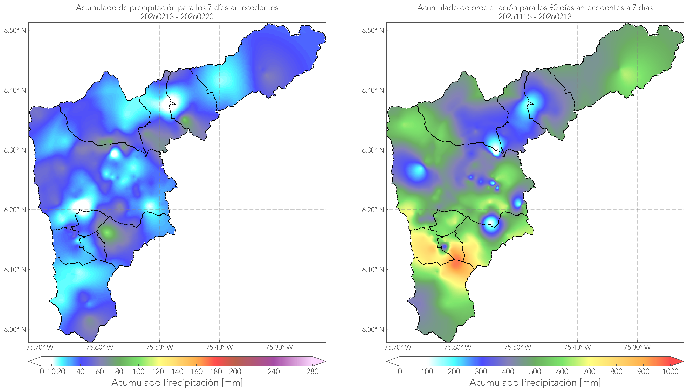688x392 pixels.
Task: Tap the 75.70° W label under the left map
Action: (x=40, y=347)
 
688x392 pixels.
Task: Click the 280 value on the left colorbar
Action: (x=312, y=372)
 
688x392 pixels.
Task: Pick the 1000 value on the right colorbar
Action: (x=670, y=372)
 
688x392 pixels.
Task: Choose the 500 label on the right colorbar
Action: (x=535, y=372)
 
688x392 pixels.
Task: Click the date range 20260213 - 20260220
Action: (x=177, y=17)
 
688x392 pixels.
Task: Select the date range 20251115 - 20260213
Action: (x=535, y=17)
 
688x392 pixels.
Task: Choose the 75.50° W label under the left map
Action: (x=159, y=347)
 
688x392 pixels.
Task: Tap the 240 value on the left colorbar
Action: (x=274, y=372)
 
